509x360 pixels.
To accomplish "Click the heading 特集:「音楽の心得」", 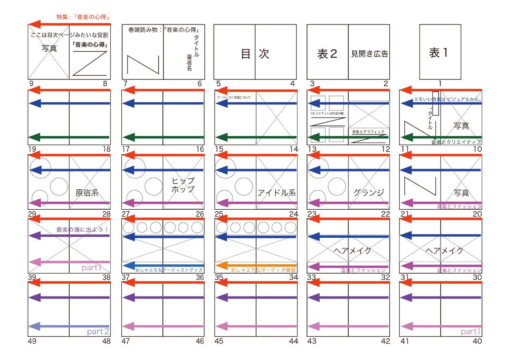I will (83, 17).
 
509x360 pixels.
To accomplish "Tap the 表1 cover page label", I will (440, 53).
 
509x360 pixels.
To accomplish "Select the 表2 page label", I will (327, 54).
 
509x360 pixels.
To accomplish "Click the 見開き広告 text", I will (369, 54).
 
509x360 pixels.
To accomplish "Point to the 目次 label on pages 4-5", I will (255, 53).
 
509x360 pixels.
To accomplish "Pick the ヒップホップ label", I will (182, 185).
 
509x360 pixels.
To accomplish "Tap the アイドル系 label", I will (276, 193).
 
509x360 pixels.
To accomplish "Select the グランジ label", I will (369, 193).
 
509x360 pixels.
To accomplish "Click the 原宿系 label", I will (87, 193).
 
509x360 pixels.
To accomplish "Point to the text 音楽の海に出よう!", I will (83, 230).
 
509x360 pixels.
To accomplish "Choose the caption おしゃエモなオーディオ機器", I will (263, 270).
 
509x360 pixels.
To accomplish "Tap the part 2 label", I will (98, 331).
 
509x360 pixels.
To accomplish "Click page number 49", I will (33, 341).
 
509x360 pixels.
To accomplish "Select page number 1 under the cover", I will (440, 83).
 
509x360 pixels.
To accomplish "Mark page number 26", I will (200, 214).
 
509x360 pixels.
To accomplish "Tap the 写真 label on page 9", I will (49, 49).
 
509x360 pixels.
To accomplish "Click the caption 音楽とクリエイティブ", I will (456, 142).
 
